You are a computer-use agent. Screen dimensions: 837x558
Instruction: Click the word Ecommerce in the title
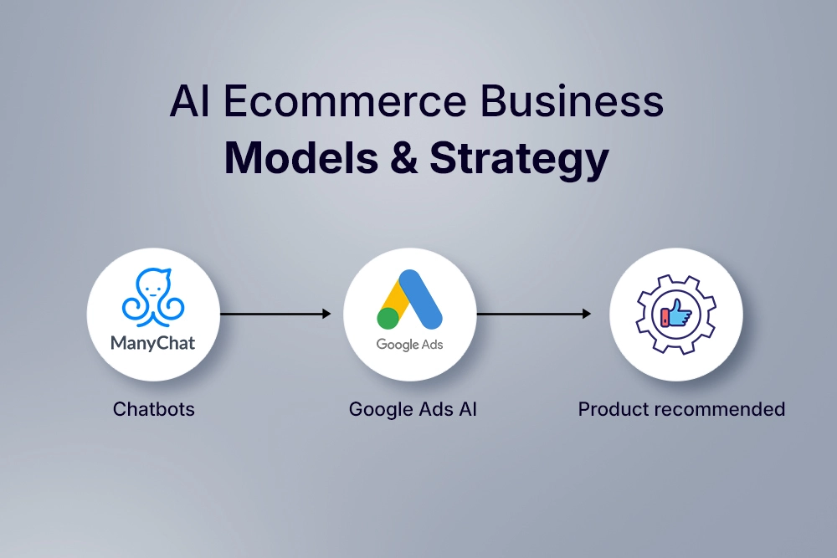tap(345, 101)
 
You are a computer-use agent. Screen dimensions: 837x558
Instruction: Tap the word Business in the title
tap(572, 101)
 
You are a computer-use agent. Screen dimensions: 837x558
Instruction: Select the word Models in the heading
tap(301, 158)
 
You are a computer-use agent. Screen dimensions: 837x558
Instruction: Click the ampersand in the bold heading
tap(404, 158)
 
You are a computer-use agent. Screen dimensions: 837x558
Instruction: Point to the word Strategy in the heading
tap(520, 160)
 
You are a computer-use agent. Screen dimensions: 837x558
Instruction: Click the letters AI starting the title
tap(189, 101)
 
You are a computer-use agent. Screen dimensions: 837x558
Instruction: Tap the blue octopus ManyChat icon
tap(152, 297)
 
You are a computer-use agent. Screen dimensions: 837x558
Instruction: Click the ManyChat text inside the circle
tap(152, 343)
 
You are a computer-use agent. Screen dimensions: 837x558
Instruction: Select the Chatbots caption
tap(154, 409)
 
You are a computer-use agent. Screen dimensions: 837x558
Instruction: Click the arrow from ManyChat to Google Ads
tap(275, 314)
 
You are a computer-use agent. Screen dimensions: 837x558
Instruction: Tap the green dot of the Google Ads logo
tap(388, 318)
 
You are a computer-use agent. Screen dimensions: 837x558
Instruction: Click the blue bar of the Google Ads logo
tap(421, 299)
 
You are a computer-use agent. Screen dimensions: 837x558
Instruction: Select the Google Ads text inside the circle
tap(409, 345)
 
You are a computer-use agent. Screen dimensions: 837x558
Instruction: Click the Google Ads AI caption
tap(413, 409)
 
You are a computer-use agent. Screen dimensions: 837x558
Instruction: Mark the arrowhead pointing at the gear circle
tap(587, 314)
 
